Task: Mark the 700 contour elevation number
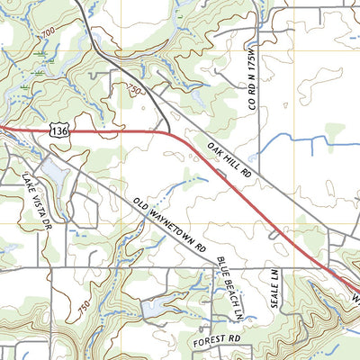click(x=46, y=32)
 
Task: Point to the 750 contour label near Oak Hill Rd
click(x=135, y=90)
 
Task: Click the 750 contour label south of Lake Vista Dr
click(x=83, y=306)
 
